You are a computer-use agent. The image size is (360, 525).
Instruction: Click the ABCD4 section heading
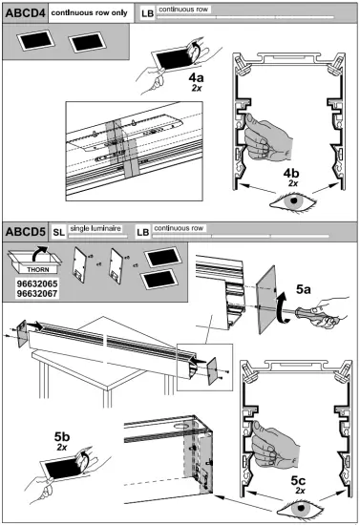[25, 13]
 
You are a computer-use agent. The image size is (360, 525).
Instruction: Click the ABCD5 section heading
[25, 232]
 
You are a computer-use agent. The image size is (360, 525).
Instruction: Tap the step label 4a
[196, 77]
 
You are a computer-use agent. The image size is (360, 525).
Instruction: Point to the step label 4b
[291, 173]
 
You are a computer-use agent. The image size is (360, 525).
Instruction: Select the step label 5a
[303, 289]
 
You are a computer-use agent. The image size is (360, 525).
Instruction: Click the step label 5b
[62, 436]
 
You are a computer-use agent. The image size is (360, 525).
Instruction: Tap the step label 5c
[298, 480]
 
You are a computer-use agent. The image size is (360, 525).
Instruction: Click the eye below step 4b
[293, 201]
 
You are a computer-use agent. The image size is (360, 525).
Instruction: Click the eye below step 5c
[301, 508]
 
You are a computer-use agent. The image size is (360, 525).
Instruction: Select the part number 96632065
[37, 283]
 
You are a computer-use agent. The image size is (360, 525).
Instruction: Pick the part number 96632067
[37, 294]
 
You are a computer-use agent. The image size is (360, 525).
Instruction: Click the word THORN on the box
[38, 269]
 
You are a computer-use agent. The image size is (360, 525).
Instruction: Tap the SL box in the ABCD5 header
[58, 232]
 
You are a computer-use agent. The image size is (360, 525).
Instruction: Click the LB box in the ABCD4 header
[147, 13]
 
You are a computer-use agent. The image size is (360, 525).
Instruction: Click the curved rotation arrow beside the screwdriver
[283, 307]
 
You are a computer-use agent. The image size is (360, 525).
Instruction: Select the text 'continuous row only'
[90, 12]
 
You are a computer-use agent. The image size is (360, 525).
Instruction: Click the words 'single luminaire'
[95, 228]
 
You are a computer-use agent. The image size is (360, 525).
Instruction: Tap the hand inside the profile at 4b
[267, 136]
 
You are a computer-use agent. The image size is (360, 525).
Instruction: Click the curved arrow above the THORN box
[39, 253]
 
